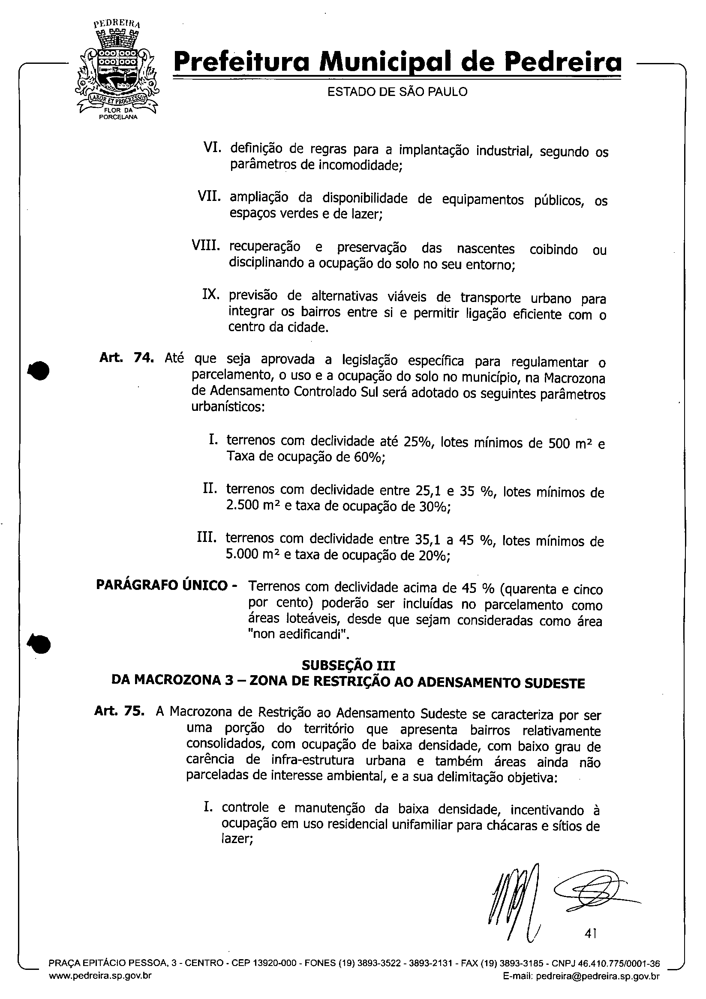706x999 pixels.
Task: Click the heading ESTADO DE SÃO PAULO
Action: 397,92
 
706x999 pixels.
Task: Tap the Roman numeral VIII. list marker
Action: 205,246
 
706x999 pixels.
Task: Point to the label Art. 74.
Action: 126,358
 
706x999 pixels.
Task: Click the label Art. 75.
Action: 119,711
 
